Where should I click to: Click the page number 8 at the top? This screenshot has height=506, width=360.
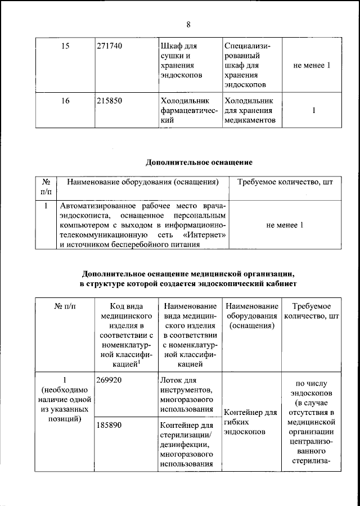tap(188, 24)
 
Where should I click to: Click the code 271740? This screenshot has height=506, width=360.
tap(109, 45)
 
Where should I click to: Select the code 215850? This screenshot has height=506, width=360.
tap(109, 101)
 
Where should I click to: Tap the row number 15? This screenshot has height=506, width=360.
tap(65, 45)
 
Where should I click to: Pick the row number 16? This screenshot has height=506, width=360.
tap(65, 101)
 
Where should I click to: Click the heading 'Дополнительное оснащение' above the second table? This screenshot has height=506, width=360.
tap(199, 162)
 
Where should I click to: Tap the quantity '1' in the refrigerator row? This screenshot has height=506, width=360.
tap(313, 111)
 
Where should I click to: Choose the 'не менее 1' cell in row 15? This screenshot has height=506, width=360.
tap(312, 65)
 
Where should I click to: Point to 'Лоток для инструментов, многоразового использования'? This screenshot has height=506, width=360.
tap(187, 395)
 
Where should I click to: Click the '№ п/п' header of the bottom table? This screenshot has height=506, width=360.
tap(65, 306)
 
